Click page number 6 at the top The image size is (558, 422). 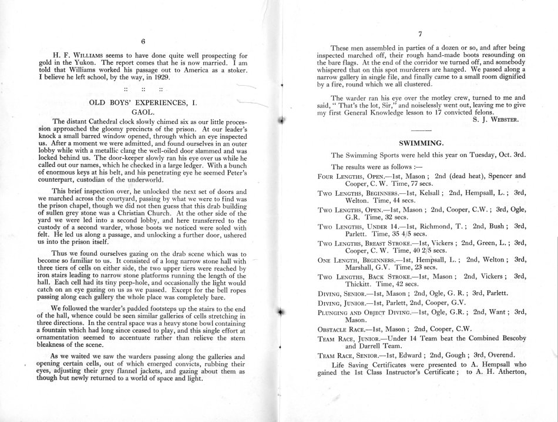click(143, 41)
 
